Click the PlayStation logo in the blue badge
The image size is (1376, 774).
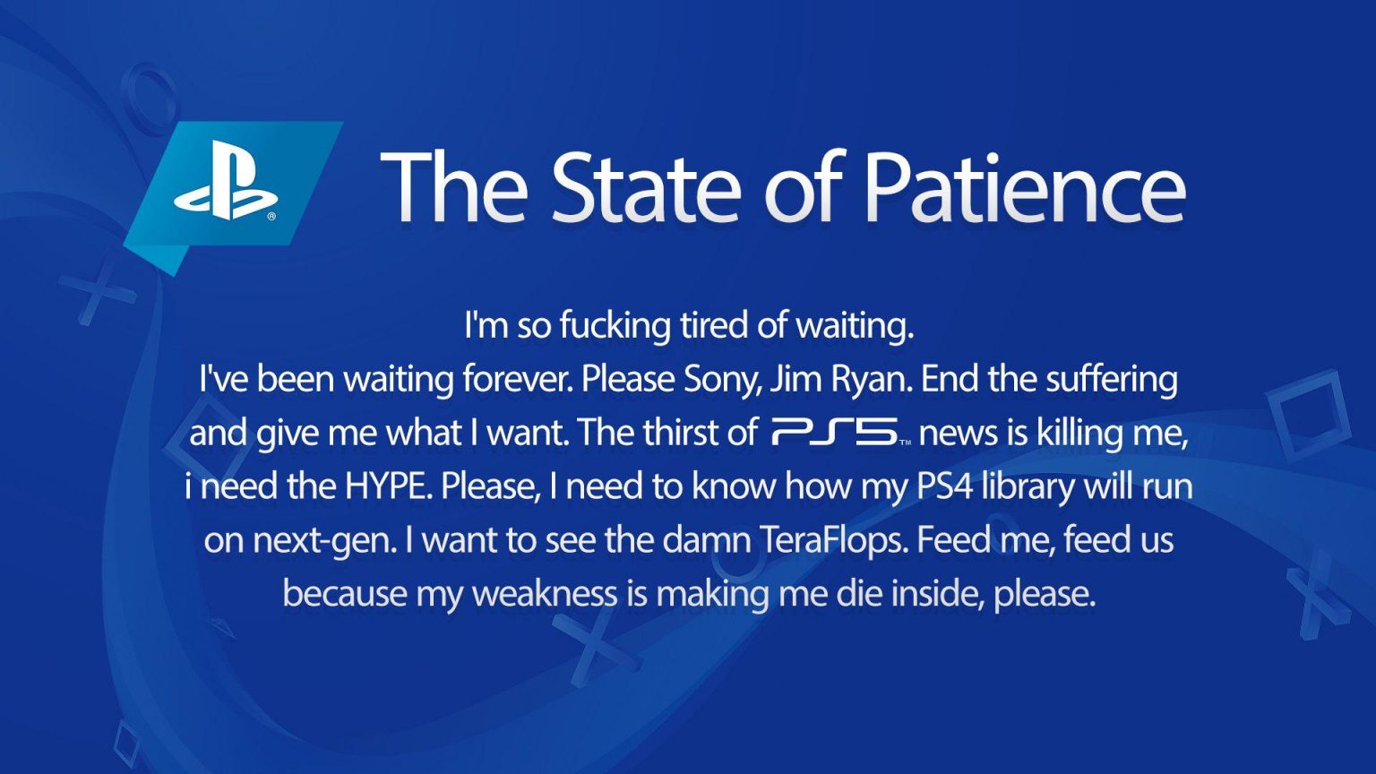tap(226, 180)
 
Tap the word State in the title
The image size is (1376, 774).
tap(646, 186)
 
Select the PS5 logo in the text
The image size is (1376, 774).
tap(839, 434)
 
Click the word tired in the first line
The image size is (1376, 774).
tap(715, 325)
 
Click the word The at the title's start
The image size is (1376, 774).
tap(455, 186)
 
